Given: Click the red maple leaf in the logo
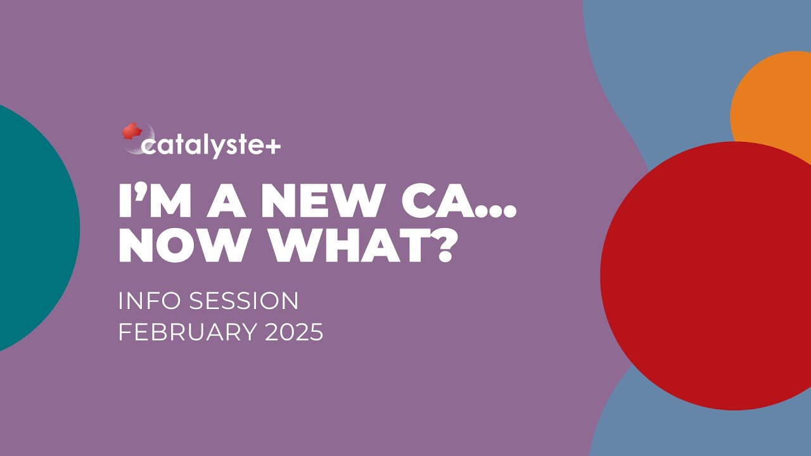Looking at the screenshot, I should [x=132, y=131].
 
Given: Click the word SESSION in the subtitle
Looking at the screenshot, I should [x=244, y=301].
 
